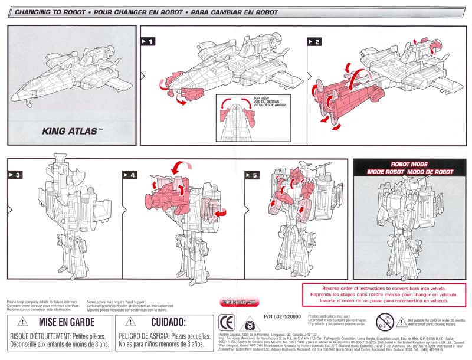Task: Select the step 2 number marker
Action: (x=315, y=41)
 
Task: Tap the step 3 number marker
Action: (x=15, y=175)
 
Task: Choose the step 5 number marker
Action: (x=252, y=175)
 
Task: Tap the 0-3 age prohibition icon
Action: (x=383, y=322)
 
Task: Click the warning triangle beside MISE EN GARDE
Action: (x=22, y=322)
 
